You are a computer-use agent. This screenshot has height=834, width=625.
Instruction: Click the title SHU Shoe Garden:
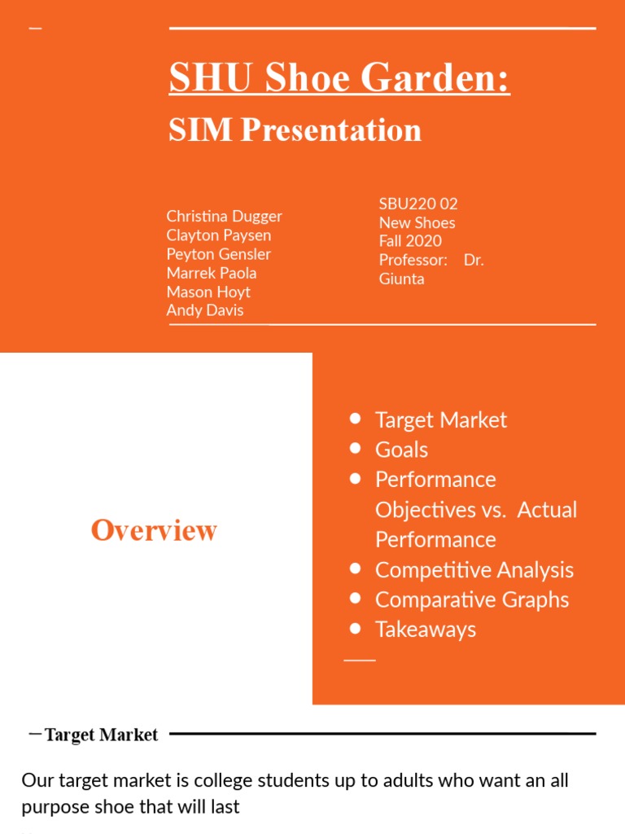coord(339,79)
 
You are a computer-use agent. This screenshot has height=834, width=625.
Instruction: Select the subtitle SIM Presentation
coord(295,130)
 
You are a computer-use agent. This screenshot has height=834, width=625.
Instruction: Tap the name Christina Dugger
coord(224,216)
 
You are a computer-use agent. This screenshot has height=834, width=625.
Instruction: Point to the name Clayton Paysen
coord(218,235)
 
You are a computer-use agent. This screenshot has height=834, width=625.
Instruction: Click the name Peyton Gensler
coord(218,254)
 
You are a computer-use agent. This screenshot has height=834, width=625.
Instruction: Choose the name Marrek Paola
coord(211,273)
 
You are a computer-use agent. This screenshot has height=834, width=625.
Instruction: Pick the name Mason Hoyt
coord(208,292)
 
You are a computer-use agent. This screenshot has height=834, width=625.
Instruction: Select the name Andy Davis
coord(204,310)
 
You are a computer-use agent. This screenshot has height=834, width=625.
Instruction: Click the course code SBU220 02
coord(418,204)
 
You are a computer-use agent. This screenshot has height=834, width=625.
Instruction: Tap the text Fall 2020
coord(410,241)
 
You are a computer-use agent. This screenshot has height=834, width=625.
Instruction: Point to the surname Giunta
coord(401,279)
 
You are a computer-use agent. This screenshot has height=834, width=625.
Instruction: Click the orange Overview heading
coord(154,530)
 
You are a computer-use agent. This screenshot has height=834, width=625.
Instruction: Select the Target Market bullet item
coord(440,420)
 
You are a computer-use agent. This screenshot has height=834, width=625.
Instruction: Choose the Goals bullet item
coord(401,450)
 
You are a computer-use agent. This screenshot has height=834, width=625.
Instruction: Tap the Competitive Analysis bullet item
coord(474,570)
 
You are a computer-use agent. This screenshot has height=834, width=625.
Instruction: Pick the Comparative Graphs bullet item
coord(471,599)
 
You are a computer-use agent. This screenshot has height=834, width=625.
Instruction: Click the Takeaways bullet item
coord(425,630)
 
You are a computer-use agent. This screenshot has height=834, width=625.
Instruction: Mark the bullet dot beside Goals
coord(355,449)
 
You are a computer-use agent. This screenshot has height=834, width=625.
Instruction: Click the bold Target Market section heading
coord(101,735)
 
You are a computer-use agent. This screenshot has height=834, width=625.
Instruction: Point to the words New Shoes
coord(417,222)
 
